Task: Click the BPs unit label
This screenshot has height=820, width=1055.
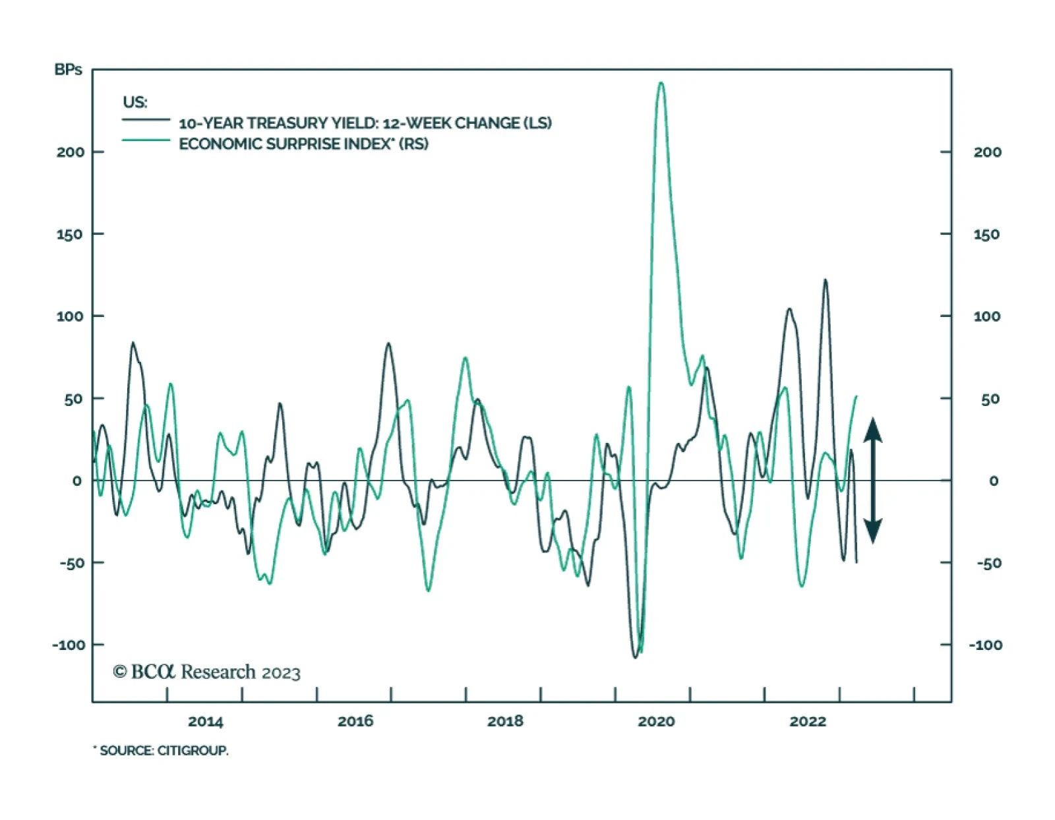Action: [x=68, y=70]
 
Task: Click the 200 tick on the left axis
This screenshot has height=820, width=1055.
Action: [x=71, y=152]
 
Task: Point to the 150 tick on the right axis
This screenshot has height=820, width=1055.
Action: [x=986, y=235]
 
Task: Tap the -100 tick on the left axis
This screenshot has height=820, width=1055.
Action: [x=69, y=645]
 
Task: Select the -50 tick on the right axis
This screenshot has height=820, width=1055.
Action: [x=988, y=564]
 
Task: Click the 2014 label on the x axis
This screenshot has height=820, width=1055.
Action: [x=205, y=722]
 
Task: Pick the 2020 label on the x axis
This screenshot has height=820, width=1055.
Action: [x=656, y=722]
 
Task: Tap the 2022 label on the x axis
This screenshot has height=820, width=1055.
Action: [x=808, y=722]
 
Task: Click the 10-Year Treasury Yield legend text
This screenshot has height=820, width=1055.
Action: [x=365, y=123]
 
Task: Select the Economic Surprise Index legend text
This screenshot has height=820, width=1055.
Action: [x=303, y=144]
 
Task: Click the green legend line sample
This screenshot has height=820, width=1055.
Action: [x=146, y=140]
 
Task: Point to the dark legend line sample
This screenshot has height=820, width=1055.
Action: [x=146, y=120]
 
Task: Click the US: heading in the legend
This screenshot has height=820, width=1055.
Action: [x=135, y=102]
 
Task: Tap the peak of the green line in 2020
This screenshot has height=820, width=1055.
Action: [x=661, y=83]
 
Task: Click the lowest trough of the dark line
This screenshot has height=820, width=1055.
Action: [x=636, y=657]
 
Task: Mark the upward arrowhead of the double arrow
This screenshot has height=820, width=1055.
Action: [x=873, y=429]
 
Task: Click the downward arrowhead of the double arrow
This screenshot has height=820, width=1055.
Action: [x=873, y=531]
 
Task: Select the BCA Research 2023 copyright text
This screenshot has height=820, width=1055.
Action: [x=206, y=672]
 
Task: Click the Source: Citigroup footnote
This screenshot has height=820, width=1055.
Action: [x=162, y=751]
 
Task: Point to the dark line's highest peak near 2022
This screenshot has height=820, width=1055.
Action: [x=825, y=280]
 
